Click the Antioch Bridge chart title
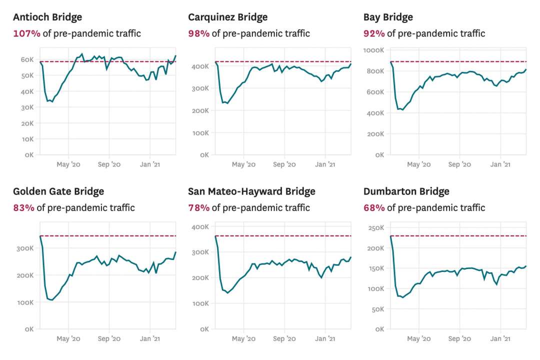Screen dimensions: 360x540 (x=47, y=17)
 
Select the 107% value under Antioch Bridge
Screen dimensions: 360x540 (x=23, y=33)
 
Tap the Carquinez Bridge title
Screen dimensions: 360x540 (x=227, y=17)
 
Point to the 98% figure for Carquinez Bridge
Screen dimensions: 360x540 (x=198, y=33)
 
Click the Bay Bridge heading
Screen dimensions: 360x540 (x=388, y=17)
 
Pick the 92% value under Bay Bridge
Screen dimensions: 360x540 (x=374, y=33)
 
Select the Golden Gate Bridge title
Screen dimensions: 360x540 (x=58, y=191)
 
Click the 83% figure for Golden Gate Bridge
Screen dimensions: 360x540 (x=23, y=207)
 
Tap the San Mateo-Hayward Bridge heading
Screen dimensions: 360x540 (x=251, y=191)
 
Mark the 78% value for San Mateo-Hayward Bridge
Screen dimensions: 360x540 (x=198, y=207)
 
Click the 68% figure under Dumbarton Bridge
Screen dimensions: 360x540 (x=374, y=207)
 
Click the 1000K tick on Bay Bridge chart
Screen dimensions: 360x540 (x=374, y=50)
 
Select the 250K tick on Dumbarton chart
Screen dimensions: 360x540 (x=375, y=228)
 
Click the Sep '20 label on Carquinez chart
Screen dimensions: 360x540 (x=284, y=164)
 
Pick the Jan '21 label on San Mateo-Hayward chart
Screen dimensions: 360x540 (x=325, y=338)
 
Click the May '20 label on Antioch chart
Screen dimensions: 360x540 (x=68, y=164)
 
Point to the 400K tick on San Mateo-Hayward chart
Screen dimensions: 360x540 (x=200, y=226)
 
